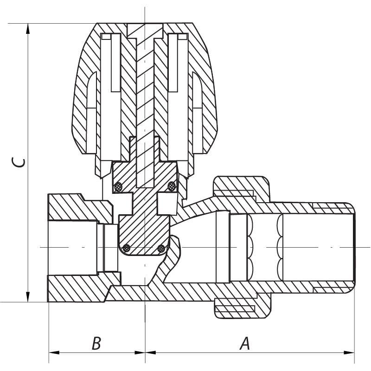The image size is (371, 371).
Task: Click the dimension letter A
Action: (244, 344)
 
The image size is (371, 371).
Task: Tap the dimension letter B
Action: (96, 344)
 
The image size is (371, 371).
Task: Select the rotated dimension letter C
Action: (19, 163)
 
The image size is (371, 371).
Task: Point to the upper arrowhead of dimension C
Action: (28, 28)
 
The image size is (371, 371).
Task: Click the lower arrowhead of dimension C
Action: (28, 297)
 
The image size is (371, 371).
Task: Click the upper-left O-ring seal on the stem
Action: (118, 187)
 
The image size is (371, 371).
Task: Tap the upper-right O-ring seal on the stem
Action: (172, 186)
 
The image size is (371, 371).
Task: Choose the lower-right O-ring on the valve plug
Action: (161, 248)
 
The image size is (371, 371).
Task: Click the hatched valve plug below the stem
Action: (144, 232)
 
